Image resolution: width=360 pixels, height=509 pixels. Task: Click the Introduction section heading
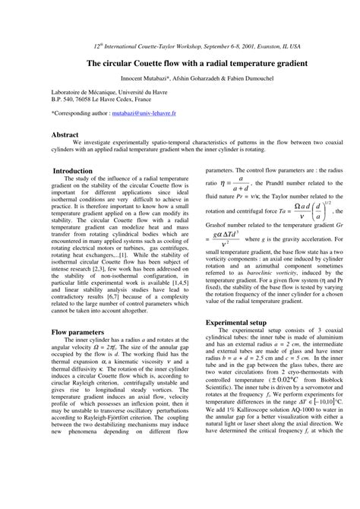coord(73,171)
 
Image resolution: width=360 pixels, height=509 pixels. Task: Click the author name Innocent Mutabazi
coord(148,78)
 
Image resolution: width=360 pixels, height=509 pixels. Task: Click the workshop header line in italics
coord(180,46)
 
